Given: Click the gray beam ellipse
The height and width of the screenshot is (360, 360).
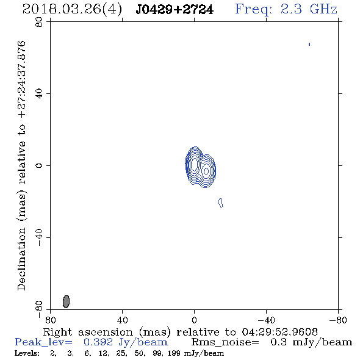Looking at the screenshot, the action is [66, 301].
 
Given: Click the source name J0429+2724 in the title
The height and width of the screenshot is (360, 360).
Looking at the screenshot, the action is [175, 10].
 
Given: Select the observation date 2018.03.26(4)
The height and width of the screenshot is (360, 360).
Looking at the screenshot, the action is [72, 10].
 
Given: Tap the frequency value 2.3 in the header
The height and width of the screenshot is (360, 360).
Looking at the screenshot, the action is [291, 9].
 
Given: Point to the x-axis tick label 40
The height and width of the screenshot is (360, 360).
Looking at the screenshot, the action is [123, 320].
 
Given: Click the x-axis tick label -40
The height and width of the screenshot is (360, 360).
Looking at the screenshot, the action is [267, 320].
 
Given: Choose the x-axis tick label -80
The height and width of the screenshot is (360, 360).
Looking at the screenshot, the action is [338, 320].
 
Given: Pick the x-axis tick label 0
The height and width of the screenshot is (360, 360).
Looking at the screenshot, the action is [194, 320].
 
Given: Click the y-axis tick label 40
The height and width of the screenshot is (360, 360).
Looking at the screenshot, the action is [39, 94].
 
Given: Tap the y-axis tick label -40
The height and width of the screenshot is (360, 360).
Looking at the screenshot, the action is [39, 237].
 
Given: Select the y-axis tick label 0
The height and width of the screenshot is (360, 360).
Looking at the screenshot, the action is [39, 165].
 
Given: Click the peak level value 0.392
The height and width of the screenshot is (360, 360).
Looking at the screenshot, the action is [98, 342].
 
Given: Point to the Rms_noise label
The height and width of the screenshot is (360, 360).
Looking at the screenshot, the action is [225, 342].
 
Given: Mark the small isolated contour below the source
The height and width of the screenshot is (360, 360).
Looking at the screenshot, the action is [220, 203].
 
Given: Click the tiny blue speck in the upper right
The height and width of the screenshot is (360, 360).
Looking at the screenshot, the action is [309, 44].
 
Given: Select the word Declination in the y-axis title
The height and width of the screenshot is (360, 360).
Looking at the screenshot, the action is [21, 259].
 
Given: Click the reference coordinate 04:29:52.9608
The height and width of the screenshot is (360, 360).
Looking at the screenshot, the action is [279, 332].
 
